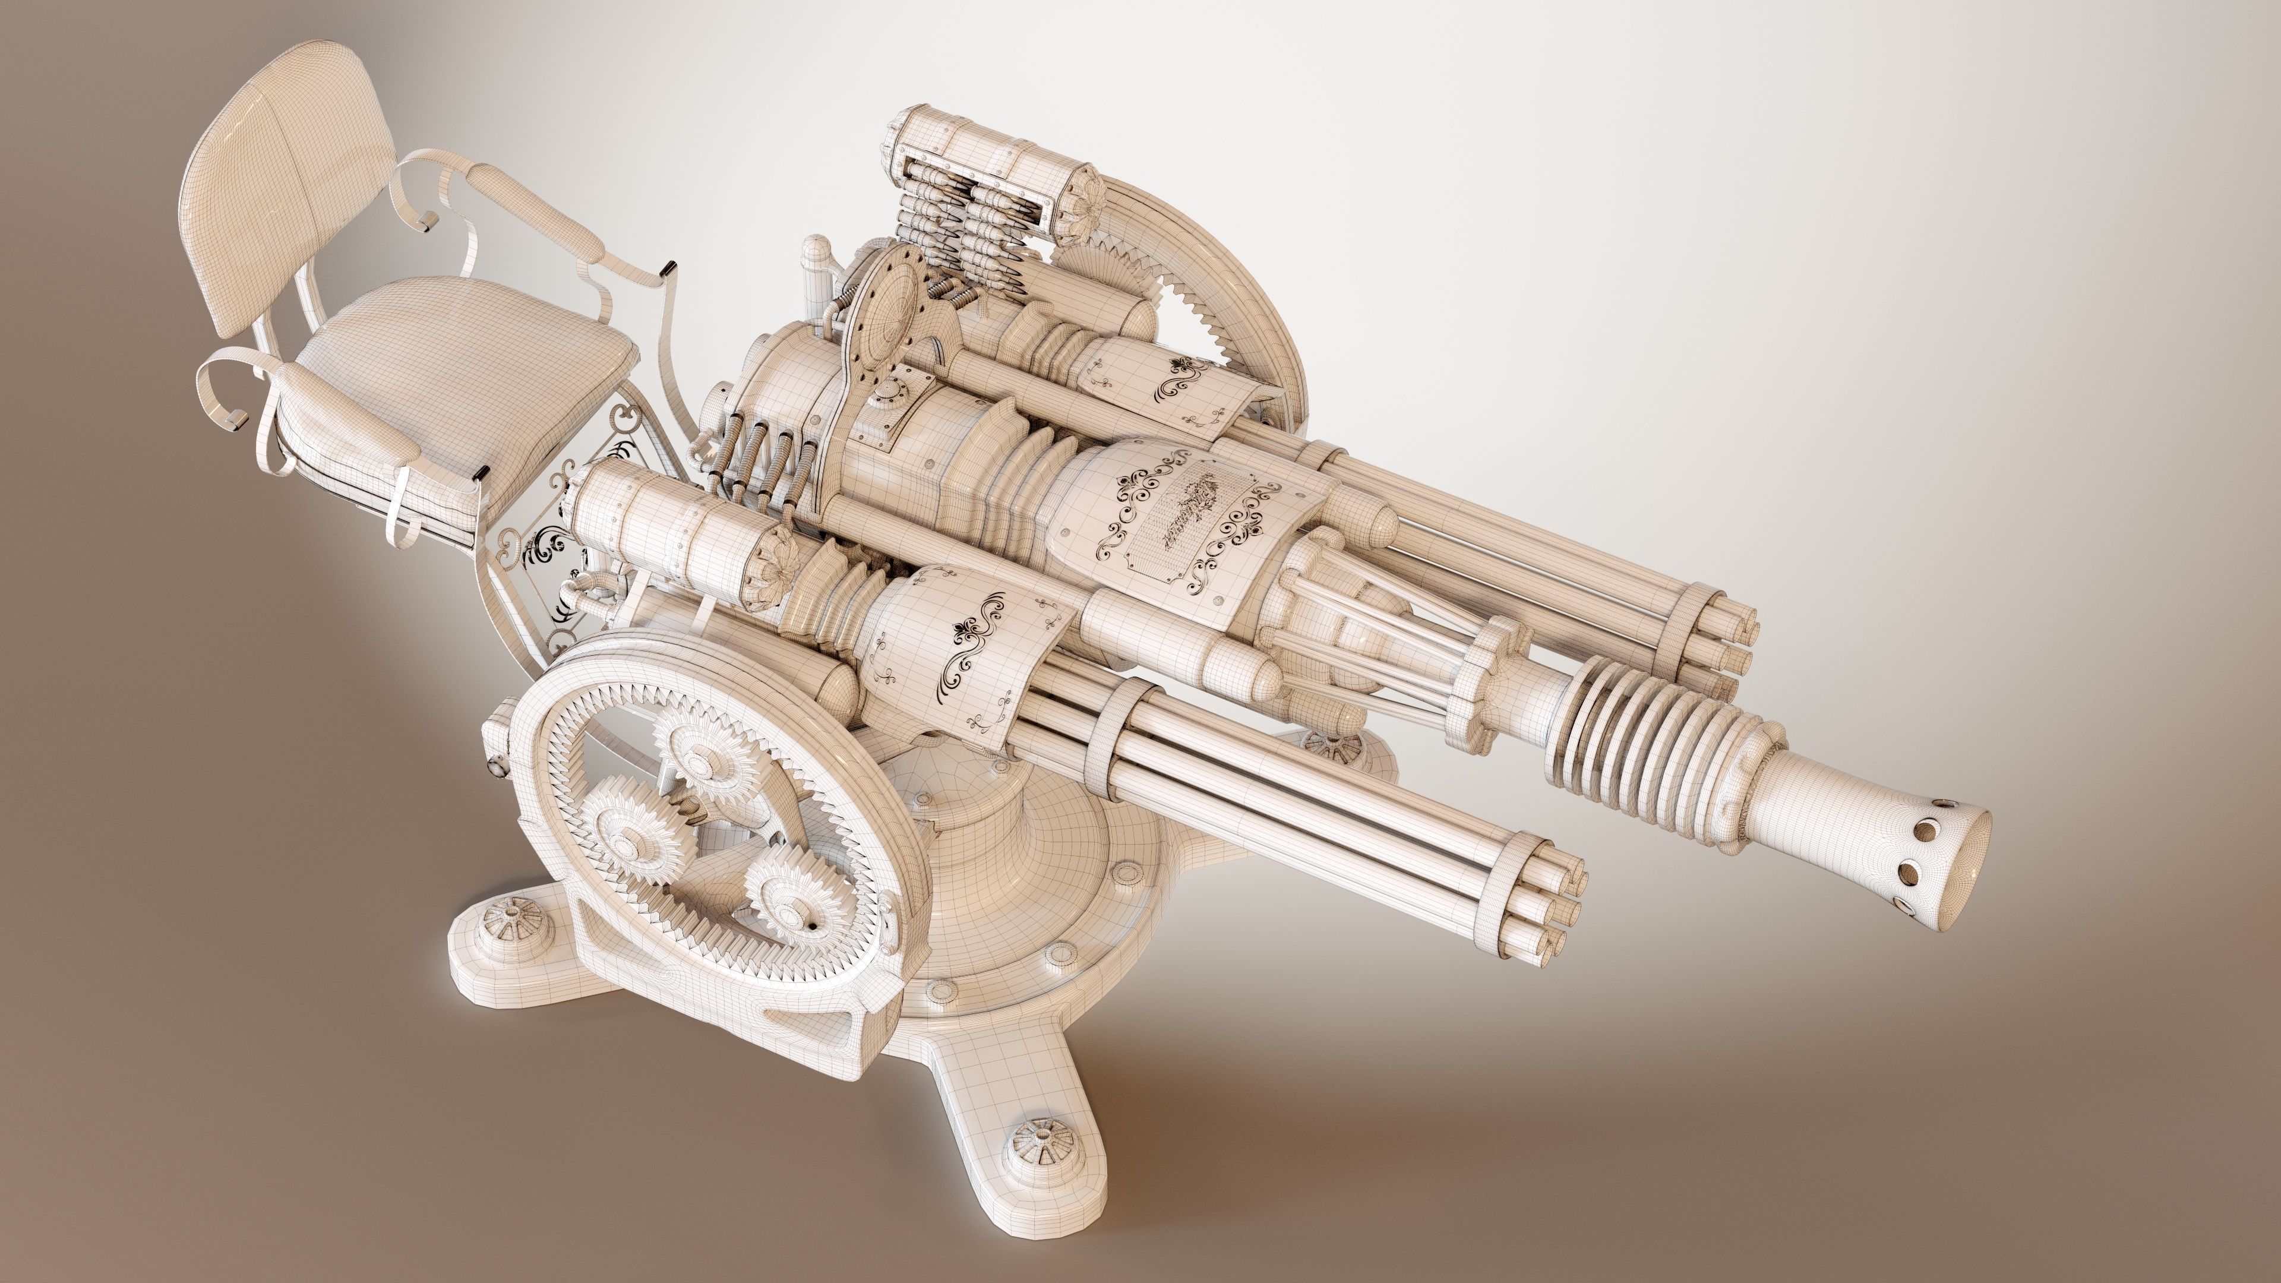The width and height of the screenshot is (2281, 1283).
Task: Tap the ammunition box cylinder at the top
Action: tap(983, 150)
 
